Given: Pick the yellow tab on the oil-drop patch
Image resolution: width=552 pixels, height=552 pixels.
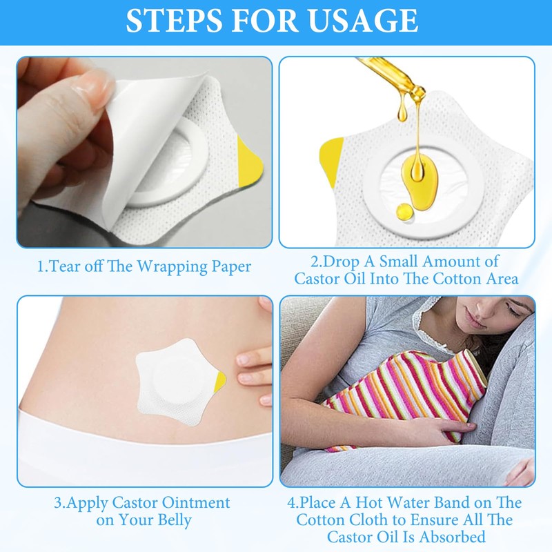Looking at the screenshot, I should [333, 156].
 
